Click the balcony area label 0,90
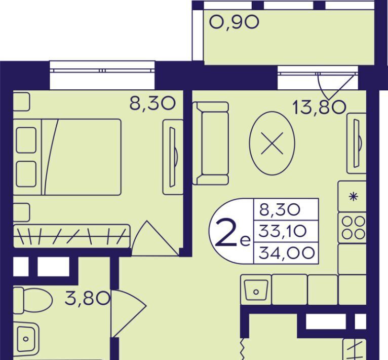[234, 22]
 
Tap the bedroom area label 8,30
[152, 103]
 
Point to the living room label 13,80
[319, 107]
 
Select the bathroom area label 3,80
[87, 299]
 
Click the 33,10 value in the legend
[283, 231]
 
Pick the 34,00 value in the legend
[287, 253]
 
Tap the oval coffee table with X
[272, 143]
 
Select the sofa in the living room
[210, 143]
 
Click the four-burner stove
[353, 228]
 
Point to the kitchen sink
[256, 290]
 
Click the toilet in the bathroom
[32, 300]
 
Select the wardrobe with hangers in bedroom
[71, 236]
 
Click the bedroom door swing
[156, 238]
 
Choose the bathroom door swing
[129, 313]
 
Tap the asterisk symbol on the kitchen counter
[353, 197]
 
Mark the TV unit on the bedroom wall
[173, 157]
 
